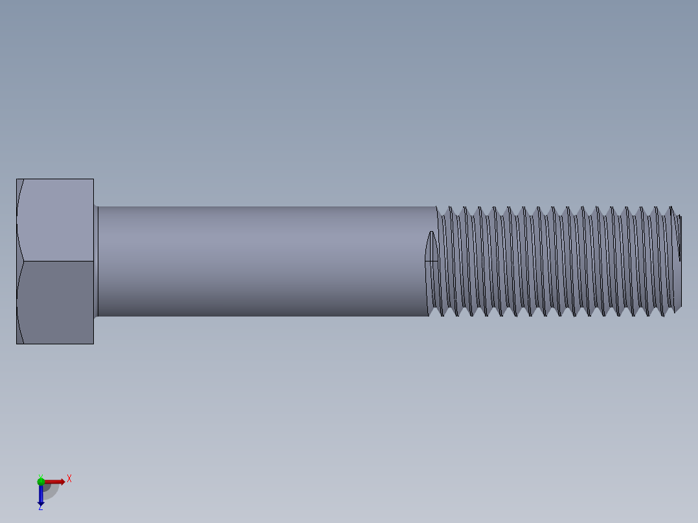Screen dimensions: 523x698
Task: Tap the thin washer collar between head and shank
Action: tap(96, 261)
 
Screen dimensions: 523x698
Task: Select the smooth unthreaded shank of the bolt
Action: tap(259, 261)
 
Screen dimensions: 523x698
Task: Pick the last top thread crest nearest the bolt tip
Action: tap(671, 208)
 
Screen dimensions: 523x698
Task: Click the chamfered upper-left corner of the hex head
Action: tap(19, 188)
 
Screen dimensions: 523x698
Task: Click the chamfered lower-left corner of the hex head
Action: tap(19, 335)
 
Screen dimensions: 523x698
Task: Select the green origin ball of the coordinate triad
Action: tap(41, 482)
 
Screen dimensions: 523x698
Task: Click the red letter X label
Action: tap(69, 479)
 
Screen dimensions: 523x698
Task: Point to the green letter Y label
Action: tap(40, 476)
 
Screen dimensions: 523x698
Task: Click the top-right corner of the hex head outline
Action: tap(93, 179)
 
